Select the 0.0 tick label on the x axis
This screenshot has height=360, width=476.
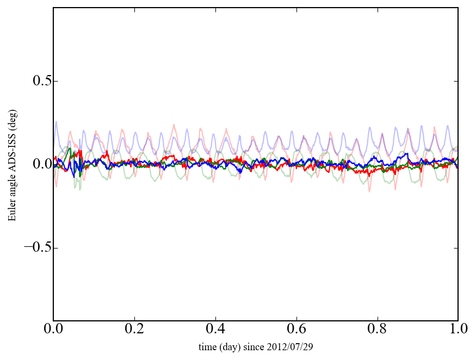point(53,330)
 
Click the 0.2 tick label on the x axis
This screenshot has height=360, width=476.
point(134,330)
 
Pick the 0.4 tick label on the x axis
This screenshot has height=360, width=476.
point(215,330)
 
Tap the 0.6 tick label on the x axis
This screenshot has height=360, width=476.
point(296,330)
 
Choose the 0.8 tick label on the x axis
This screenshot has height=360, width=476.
point(377,330)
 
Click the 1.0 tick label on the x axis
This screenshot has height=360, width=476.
point(458,330)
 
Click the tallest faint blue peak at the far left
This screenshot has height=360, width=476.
point(57,122)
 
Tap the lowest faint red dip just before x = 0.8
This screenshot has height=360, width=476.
point(369,191)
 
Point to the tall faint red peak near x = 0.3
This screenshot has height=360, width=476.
point(174,125)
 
